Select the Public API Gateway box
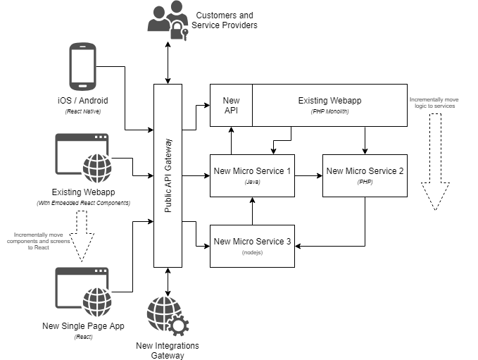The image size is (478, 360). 168,175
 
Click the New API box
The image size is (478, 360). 231,105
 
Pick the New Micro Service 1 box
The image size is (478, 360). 252,175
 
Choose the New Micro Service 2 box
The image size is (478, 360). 365,175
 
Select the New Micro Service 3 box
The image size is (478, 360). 252,246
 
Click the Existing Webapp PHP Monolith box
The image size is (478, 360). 329,105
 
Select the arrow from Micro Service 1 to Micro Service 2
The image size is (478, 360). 308,175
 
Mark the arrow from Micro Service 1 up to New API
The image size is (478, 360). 231,140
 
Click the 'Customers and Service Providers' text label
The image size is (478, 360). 225,20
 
